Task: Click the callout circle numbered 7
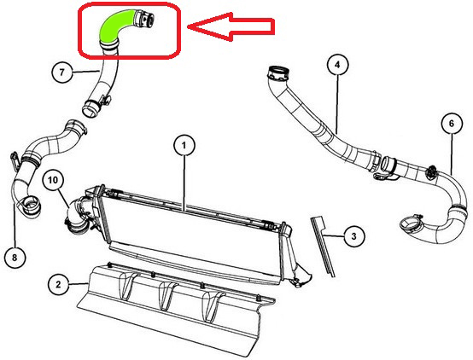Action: (x=62, y=73)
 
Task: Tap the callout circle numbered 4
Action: (x=337, y=65)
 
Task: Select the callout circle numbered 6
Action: (x=452, y=124)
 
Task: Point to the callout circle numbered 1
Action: (x=184, y=145)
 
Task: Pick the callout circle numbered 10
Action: (x=53, y=180)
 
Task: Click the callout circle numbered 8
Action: (x=15, y=257)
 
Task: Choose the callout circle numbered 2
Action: (x=58, y=284)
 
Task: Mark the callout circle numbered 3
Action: (x=354, y=236)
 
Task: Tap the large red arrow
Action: (x=231, y=26)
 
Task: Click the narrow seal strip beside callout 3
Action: (x=323, y=246)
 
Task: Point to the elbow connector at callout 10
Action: (x=77, y=216)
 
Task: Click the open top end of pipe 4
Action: (x=278, y=73)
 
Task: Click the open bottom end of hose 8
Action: (x=30, y=206)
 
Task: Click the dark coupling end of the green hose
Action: (x=144, y=19)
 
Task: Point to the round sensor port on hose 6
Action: (x=431, y=171)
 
